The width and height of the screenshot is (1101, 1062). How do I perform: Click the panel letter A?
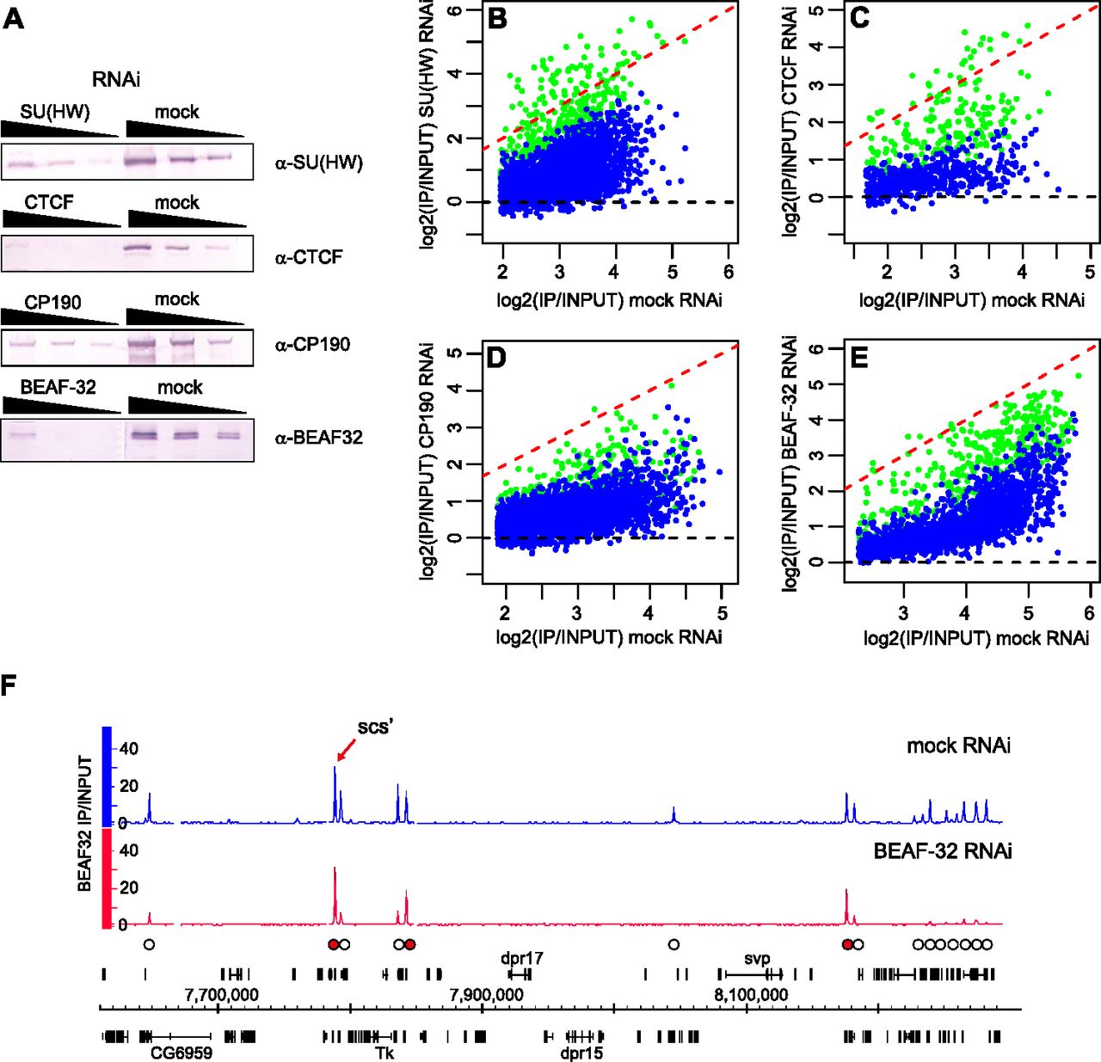tap(13, 18)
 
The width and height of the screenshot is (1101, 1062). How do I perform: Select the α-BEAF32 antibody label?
tap(319, 437)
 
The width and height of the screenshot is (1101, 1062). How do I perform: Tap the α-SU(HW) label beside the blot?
tap(319, 163)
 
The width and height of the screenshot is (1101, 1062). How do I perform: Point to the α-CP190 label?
tap(312, 345)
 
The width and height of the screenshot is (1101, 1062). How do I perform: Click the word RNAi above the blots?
tap(116, 80)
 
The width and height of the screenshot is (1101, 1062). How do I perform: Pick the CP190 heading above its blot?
tap(52, 303)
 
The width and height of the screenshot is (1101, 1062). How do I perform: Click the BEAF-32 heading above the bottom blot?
tap(58, 387)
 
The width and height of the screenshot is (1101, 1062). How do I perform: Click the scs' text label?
tap(376, 727)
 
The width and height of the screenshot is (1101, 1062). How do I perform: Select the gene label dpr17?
tap(522, 957)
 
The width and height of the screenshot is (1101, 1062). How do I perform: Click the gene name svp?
tap(758, 958)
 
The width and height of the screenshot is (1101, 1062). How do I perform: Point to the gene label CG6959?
tap(181, 1053)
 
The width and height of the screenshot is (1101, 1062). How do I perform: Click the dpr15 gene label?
tap(581, 1053)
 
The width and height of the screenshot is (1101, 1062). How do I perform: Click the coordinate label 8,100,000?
tap(750, 995)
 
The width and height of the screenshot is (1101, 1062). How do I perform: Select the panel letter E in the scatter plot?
tap(858, 357)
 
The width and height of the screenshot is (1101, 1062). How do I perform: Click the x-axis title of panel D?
tap(608, 637)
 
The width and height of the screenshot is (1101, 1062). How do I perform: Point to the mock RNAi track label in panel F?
tap(958, 746)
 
